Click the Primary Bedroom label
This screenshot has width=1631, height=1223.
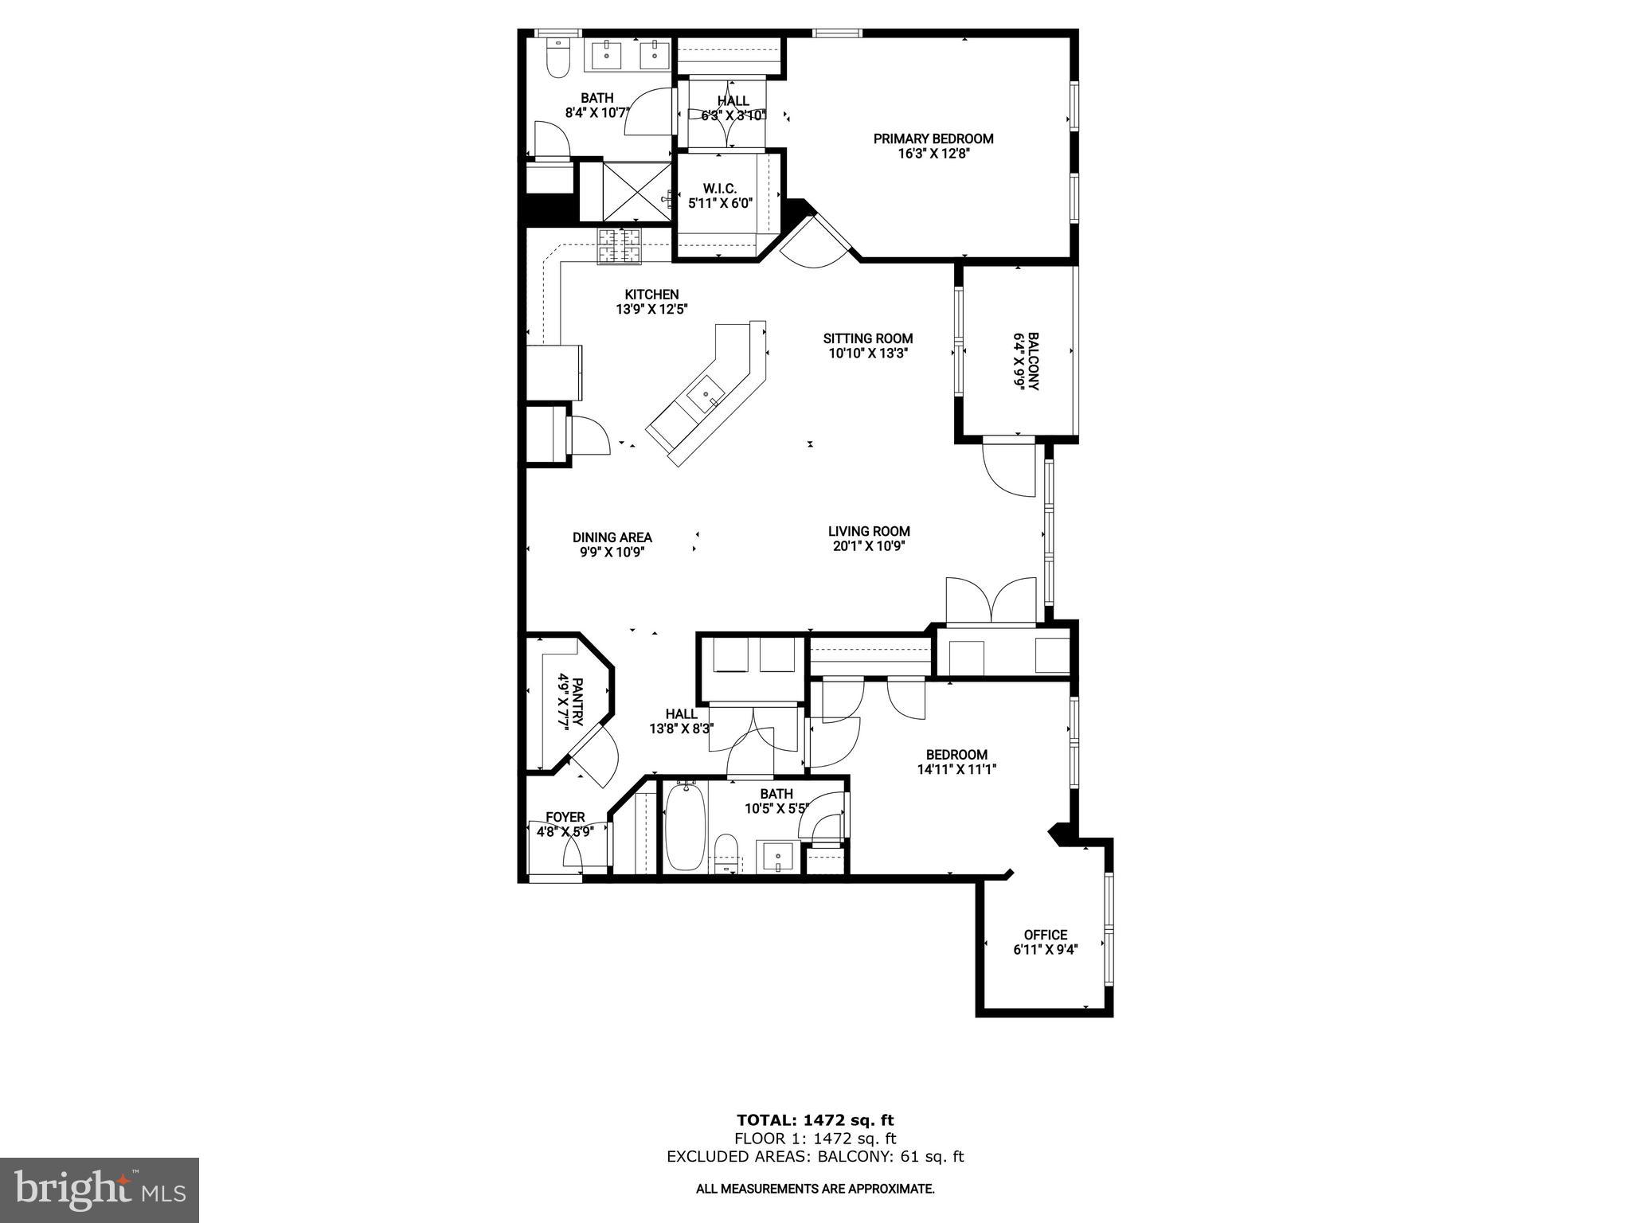[x=933, y=139]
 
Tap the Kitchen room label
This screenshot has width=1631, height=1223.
[x=651, y=295]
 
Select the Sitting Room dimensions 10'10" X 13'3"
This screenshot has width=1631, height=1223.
[x=868, y=353]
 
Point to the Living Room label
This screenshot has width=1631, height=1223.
[x=868, y=531]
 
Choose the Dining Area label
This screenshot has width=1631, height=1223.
[x=612, y=537]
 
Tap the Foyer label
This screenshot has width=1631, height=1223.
[x=565, y=817]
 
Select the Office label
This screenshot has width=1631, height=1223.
[x=1045, y=935]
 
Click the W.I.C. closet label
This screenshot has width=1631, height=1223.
[x=720, y=189]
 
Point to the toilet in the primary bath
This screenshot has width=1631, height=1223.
[x=557, y=60]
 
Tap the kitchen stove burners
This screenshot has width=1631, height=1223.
[x=620, y=245]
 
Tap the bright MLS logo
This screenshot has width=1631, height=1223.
[x=100, y=1190]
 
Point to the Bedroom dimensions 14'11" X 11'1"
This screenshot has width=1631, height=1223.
[x=956, y=769]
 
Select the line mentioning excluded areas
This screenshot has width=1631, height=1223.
[x=815, y=1156]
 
